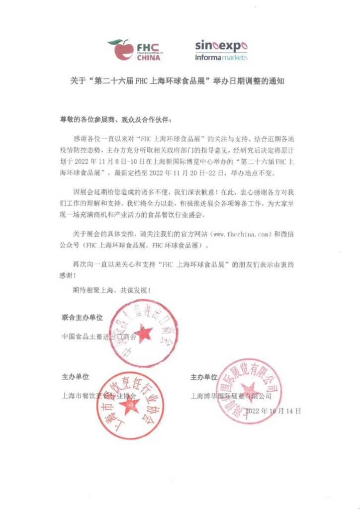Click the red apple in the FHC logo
(x=121, y=50)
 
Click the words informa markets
(x=221, y=58)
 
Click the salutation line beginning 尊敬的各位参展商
(x=117, y=120)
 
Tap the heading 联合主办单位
(x=82, y=317)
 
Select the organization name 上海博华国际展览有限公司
(x=231, y=397)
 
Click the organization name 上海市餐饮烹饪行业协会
(x=98, y=397)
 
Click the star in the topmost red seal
(x=144, y=333)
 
